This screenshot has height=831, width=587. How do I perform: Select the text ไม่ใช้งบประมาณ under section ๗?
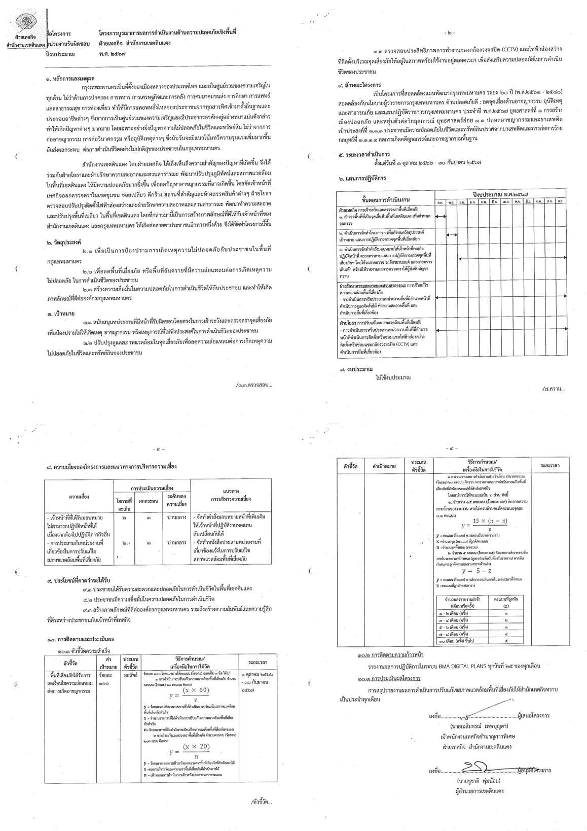click(393, 378)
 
